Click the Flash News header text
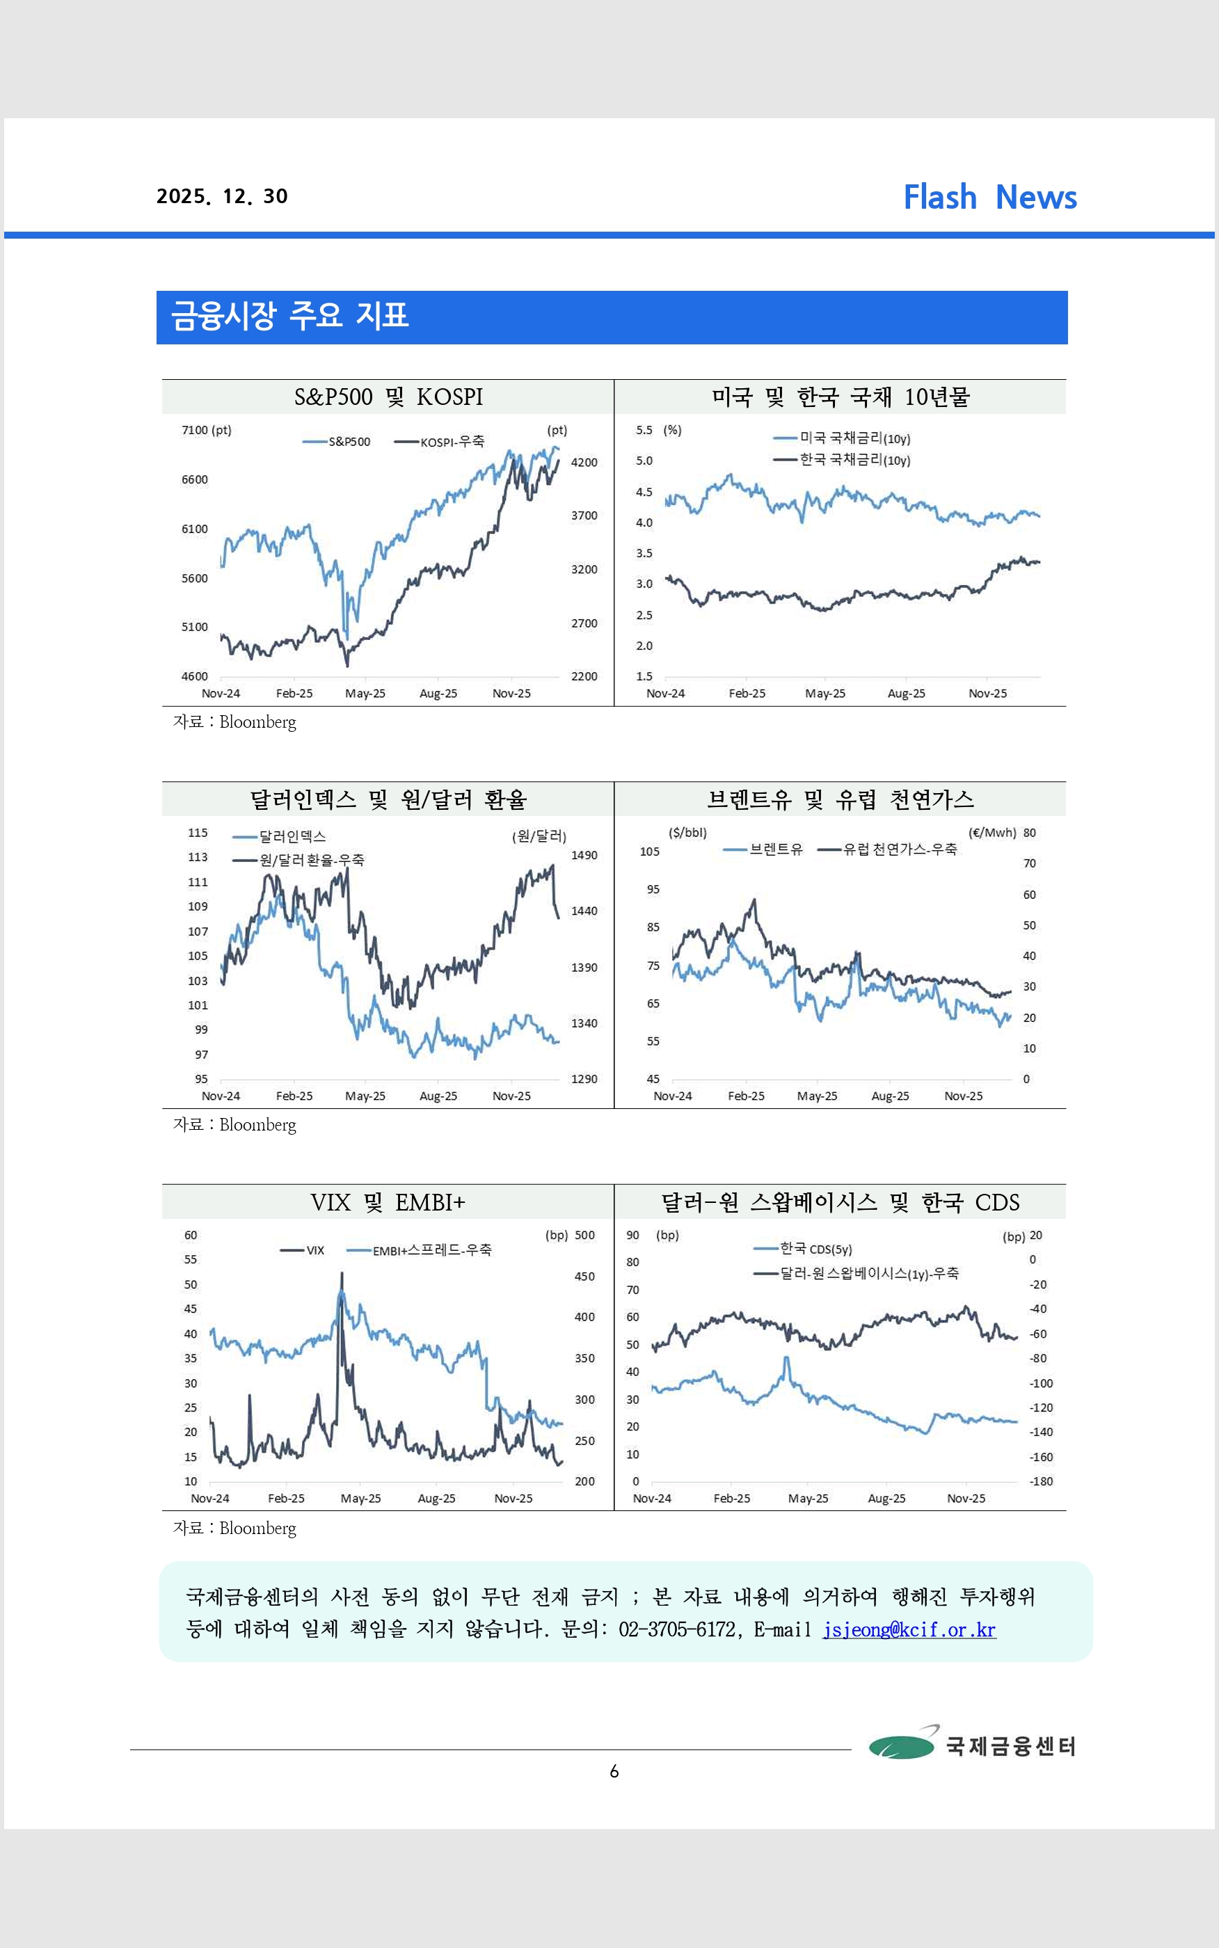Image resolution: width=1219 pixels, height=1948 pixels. (989, 198)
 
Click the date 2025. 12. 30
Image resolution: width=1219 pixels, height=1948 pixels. (222, 197)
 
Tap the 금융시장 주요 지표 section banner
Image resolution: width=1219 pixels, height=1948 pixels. (611, 317)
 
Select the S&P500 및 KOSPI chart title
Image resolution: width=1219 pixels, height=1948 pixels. (388, 397)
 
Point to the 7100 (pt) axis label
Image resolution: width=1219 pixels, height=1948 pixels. (207, 431)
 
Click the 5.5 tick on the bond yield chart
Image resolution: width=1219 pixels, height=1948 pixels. (644, 431)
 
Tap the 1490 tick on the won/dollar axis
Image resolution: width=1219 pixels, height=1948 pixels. (584, 855)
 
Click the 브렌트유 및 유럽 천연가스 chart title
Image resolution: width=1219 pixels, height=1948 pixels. (840, 799)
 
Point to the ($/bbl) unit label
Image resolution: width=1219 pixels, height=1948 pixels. (687, 833)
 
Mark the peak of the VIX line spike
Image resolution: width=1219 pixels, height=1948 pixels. (341, 1273)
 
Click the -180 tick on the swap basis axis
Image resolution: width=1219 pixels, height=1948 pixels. (1040, 1481)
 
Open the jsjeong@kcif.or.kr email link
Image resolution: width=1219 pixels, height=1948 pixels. (909, 1629)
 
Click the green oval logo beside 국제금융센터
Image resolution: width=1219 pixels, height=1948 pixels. (901, 1746)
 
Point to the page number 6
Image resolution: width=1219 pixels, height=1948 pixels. (614, 1771)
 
